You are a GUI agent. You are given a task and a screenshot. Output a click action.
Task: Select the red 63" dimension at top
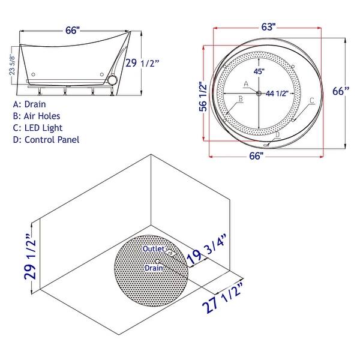[x=268, y=27]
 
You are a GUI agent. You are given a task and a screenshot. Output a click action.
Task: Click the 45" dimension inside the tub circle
[x=259, y=71]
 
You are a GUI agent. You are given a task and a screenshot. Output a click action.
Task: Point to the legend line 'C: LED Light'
[x=41, y=128]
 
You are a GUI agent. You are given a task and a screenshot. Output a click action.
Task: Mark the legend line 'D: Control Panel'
[x=50, y=140]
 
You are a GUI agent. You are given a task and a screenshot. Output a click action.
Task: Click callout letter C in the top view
[x=311, y=101]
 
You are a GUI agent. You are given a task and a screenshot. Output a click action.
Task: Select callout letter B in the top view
[x=240, y=98]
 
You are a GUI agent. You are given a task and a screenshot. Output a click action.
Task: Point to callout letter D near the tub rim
[x=277, y=135]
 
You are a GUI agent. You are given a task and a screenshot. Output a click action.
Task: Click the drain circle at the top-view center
[x=259, y=92]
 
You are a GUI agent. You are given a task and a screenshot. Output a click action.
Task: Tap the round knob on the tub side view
[x=112, y=80]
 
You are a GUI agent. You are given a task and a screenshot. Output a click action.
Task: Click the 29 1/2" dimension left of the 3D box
[x=27, y=259]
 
